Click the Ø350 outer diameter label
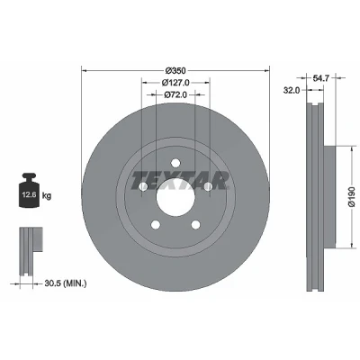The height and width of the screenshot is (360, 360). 175,71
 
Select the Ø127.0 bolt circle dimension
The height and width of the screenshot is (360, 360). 175,82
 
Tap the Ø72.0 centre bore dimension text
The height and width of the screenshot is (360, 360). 175,94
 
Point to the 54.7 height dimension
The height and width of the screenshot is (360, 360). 321,78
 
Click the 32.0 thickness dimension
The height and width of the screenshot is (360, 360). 292,90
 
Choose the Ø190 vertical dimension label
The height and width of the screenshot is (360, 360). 352,197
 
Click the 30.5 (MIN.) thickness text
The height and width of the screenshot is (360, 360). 66,283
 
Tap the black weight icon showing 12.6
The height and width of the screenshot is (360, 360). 30,190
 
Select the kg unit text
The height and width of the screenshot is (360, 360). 47,196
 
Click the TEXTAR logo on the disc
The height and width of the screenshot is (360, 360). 179,181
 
